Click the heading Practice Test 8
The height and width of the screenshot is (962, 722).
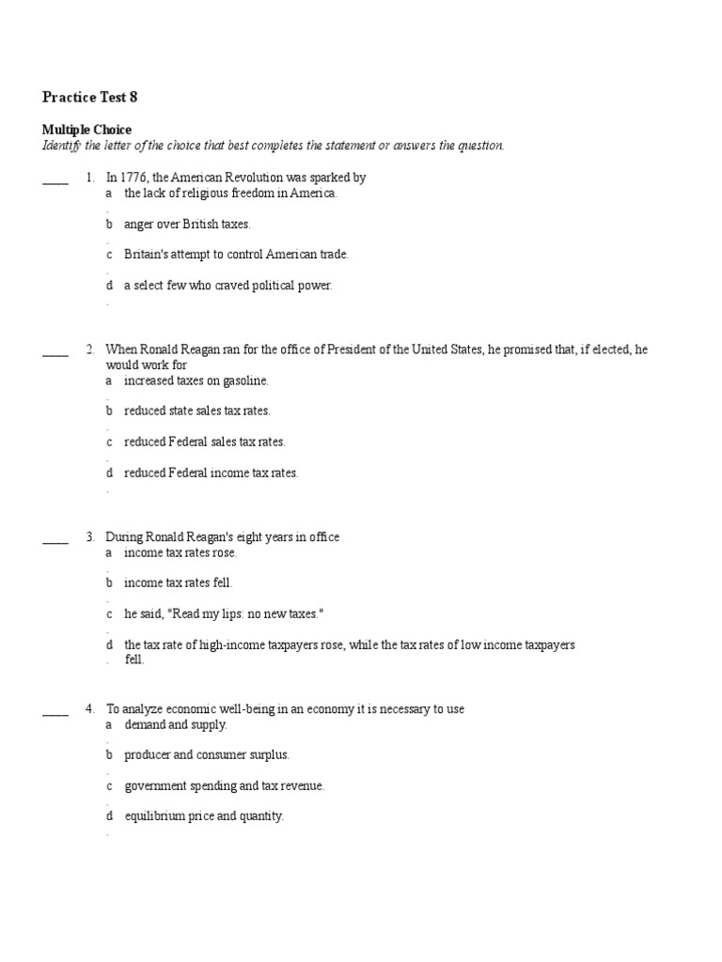coord(90,97)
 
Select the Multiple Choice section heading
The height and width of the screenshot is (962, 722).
coord(86,130)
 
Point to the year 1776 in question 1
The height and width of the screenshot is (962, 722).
coord(133,177)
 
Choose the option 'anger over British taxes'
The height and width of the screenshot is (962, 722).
coord(187,225)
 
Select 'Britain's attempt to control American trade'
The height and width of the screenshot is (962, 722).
coord(236,255)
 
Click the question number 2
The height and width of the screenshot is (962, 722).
coord(90,349)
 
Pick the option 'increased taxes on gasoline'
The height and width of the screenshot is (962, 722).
coord(196,380)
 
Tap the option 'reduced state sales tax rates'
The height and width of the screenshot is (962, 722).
coord(197,411)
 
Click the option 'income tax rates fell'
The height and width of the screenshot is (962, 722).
coord(178,583)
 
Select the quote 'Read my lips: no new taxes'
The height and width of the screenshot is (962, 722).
coord(244,614)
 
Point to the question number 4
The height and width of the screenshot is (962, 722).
coord(90,709)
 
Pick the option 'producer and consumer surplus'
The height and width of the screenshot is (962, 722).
coord(207,755)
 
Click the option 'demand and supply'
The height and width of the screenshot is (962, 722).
coord(176,724)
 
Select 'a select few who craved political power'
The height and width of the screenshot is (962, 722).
coord(228,286)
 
